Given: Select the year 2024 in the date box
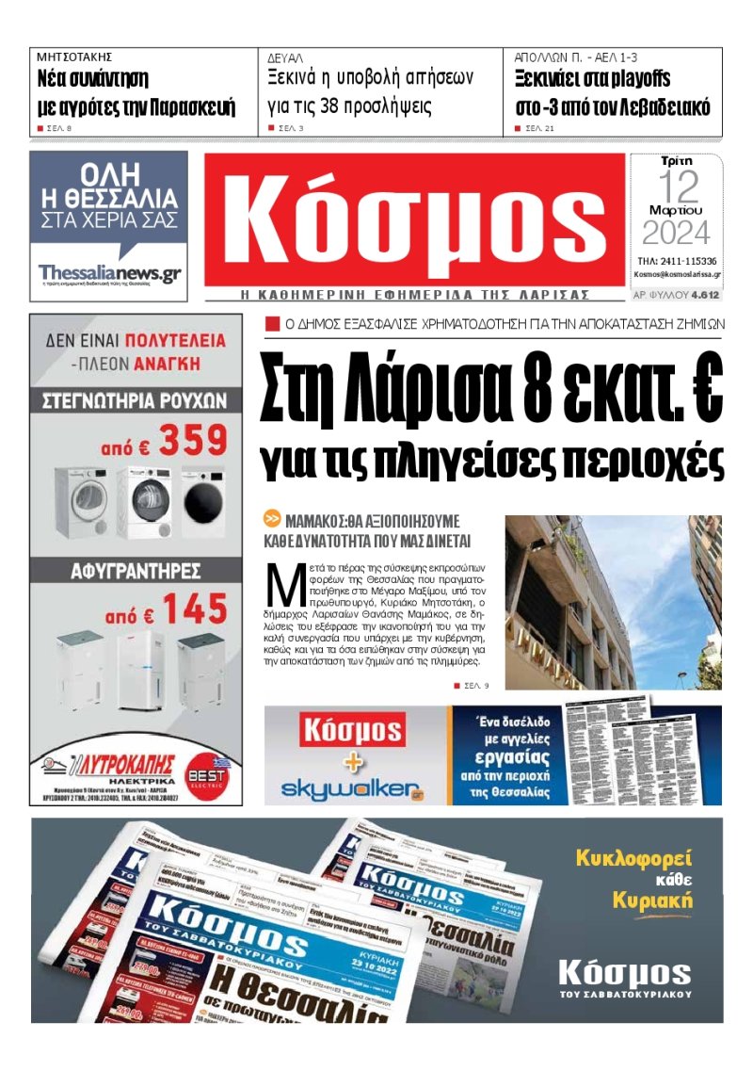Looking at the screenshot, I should (676, 233).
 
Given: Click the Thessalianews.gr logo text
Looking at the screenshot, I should (109, 272).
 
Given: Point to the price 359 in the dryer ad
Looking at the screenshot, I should (192, 440).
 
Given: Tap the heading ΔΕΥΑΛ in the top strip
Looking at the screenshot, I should (284, 57).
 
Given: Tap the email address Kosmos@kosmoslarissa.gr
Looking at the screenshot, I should (677, 275).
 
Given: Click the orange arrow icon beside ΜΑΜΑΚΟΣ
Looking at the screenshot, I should (271, 518).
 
